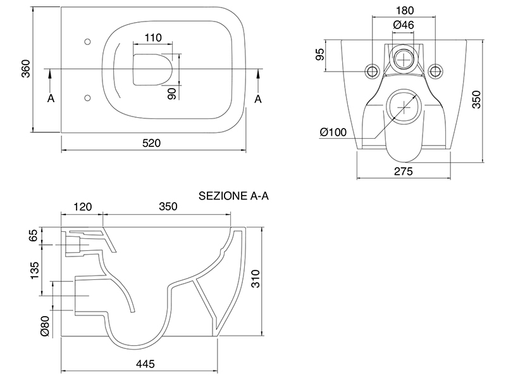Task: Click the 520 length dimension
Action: [x=152, y=144]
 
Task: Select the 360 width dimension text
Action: [x=25, y=69]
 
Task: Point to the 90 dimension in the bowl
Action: [x=171, y=92]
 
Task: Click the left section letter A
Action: [x=50, y=98]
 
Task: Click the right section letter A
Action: [x=258, y=98]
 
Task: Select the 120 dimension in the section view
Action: [x=82, y=206]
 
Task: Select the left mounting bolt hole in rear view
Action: [x=372, y=70]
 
